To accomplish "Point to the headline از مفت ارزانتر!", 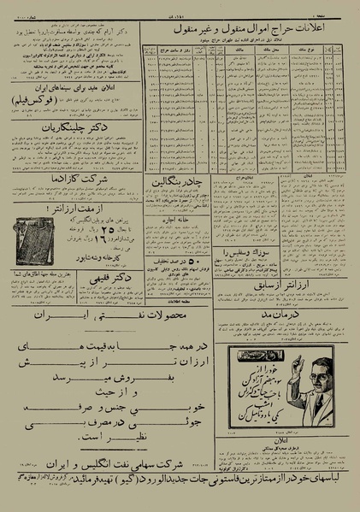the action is click(x=72, y=208).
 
